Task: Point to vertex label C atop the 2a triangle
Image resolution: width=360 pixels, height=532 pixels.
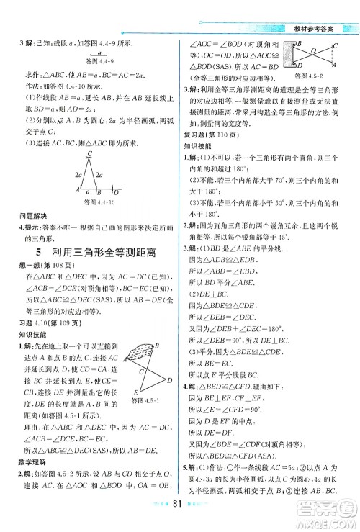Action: point(89,153)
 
